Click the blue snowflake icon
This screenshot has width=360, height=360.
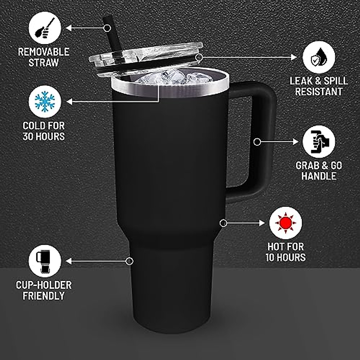[x=45, y=102]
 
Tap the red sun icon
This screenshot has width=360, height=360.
[x=285, y=223]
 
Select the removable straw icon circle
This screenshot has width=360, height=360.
[x=45, y=28]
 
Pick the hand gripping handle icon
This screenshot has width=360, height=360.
[x=319, y=142]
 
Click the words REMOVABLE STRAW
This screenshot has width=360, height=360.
[x=44, y=57]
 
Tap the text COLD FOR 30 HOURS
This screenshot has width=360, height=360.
[x=44, y=131]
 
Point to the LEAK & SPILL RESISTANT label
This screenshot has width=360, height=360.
[x=319, y=86]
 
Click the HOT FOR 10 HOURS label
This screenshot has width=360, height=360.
[x=285, y=252]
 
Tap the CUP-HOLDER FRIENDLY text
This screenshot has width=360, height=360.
[x=44, y=290]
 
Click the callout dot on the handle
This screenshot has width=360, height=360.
[x=257, y=142]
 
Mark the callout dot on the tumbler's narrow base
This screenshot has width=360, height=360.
[x=129, y=261]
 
